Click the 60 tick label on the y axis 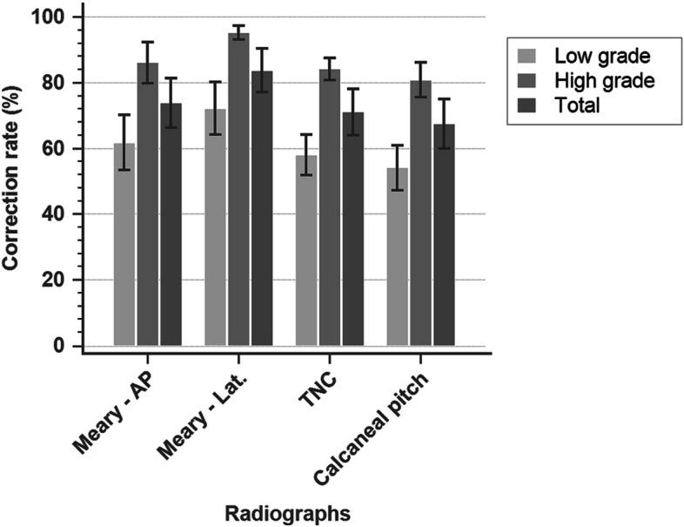point(64,149)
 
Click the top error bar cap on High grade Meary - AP point(148,42)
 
